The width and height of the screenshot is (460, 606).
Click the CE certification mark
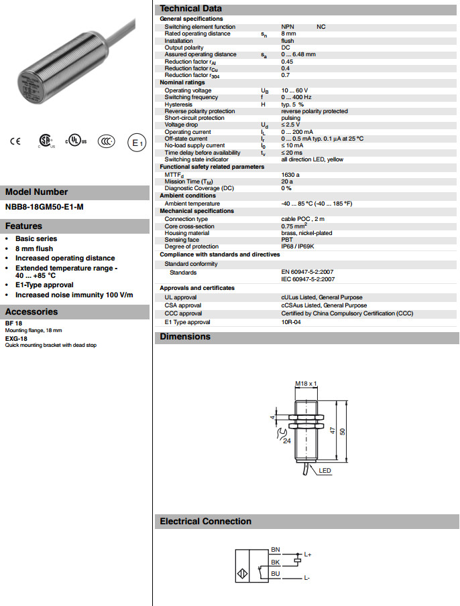[15, 141]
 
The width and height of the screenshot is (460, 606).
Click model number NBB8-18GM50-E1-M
[44, 207]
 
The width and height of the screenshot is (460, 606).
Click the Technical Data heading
[190, 8]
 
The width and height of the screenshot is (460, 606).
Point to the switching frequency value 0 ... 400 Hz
[296, 97]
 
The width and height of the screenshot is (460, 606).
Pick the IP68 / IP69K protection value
[296, 247]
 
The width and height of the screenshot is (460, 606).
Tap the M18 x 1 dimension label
[306, 384]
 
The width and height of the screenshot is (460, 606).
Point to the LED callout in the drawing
[325, 471]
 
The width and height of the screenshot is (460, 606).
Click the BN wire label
[275, 549]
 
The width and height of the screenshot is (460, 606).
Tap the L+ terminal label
[308, 554]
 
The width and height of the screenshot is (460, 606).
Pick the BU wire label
[275, 573]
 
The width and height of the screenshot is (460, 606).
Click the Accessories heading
[32, 311]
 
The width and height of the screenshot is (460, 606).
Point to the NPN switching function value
[288, 26]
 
